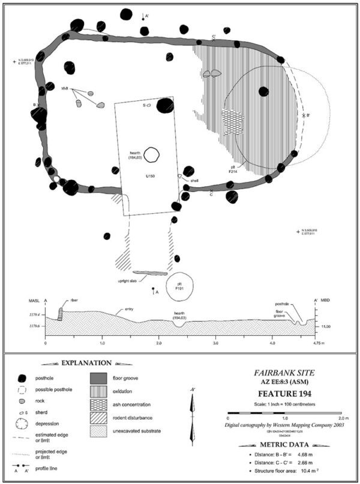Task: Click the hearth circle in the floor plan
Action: click(152, 155)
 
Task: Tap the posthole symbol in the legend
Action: click(23, 378)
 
